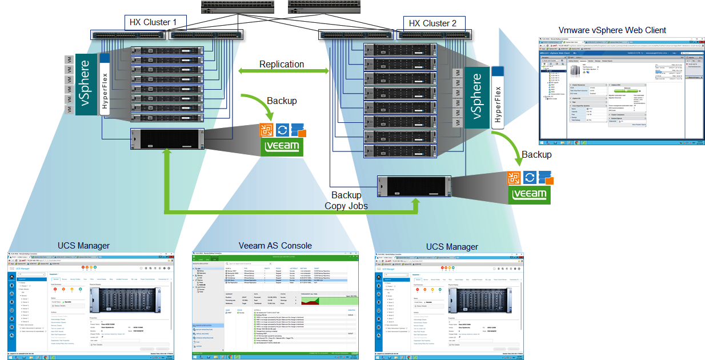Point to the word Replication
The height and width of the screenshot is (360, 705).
point(282,65)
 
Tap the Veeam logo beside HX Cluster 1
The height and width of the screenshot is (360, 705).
point(282,146)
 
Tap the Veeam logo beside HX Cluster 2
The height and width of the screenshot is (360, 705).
point(530,194)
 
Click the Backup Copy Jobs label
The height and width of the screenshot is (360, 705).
point(346,201)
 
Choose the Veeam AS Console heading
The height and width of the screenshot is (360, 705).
point(275,246)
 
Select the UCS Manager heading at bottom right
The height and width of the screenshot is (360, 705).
point(452,247)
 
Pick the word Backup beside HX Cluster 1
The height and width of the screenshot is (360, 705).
point(282,101)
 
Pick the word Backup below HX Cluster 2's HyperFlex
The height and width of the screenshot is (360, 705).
point(536,155)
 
